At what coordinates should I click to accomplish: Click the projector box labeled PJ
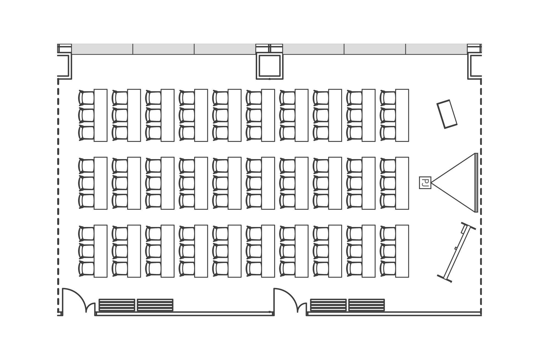pyautogui.click(x=425, y=183)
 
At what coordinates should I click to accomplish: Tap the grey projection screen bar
pyautogui.click(x=476, y=183)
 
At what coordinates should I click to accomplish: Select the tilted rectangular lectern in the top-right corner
pyautogui.click(x=447, y=114)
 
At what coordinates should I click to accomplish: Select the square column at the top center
pyautogui.click(x=269, y=67)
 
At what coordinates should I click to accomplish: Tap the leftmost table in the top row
pyautogui.click(x=100, y=115)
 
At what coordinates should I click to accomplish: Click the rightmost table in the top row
pyautogui.click(x=402, y=115)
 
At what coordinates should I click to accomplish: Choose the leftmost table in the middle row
pyautogui.click(x=100, y=183)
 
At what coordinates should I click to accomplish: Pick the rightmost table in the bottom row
pyautogui.click(x=402, y=251)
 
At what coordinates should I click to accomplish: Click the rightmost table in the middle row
pyautogui.click(x=402, y=183)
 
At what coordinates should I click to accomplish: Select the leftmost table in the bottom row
pyautogui.click(x=100, y=251)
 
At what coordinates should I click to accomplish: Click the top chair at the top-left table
pyautogui.click(x=86, y=98)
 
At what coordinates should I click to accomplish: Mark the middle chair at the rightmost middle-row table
pyautogui.click(x=388, y=183)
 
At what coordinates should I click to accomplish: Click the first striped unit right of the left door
pyautogui.click(x=117, y=305)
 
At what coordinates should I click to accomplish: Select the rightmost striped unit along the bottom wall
pyautogui.click(x=367, y=305)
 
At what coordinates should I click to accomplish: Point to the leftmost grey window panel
pyautogui.click(x=102, y=49)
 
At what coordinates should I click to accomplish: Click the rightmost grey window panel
pyautogui.click(x=436, y=49)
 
